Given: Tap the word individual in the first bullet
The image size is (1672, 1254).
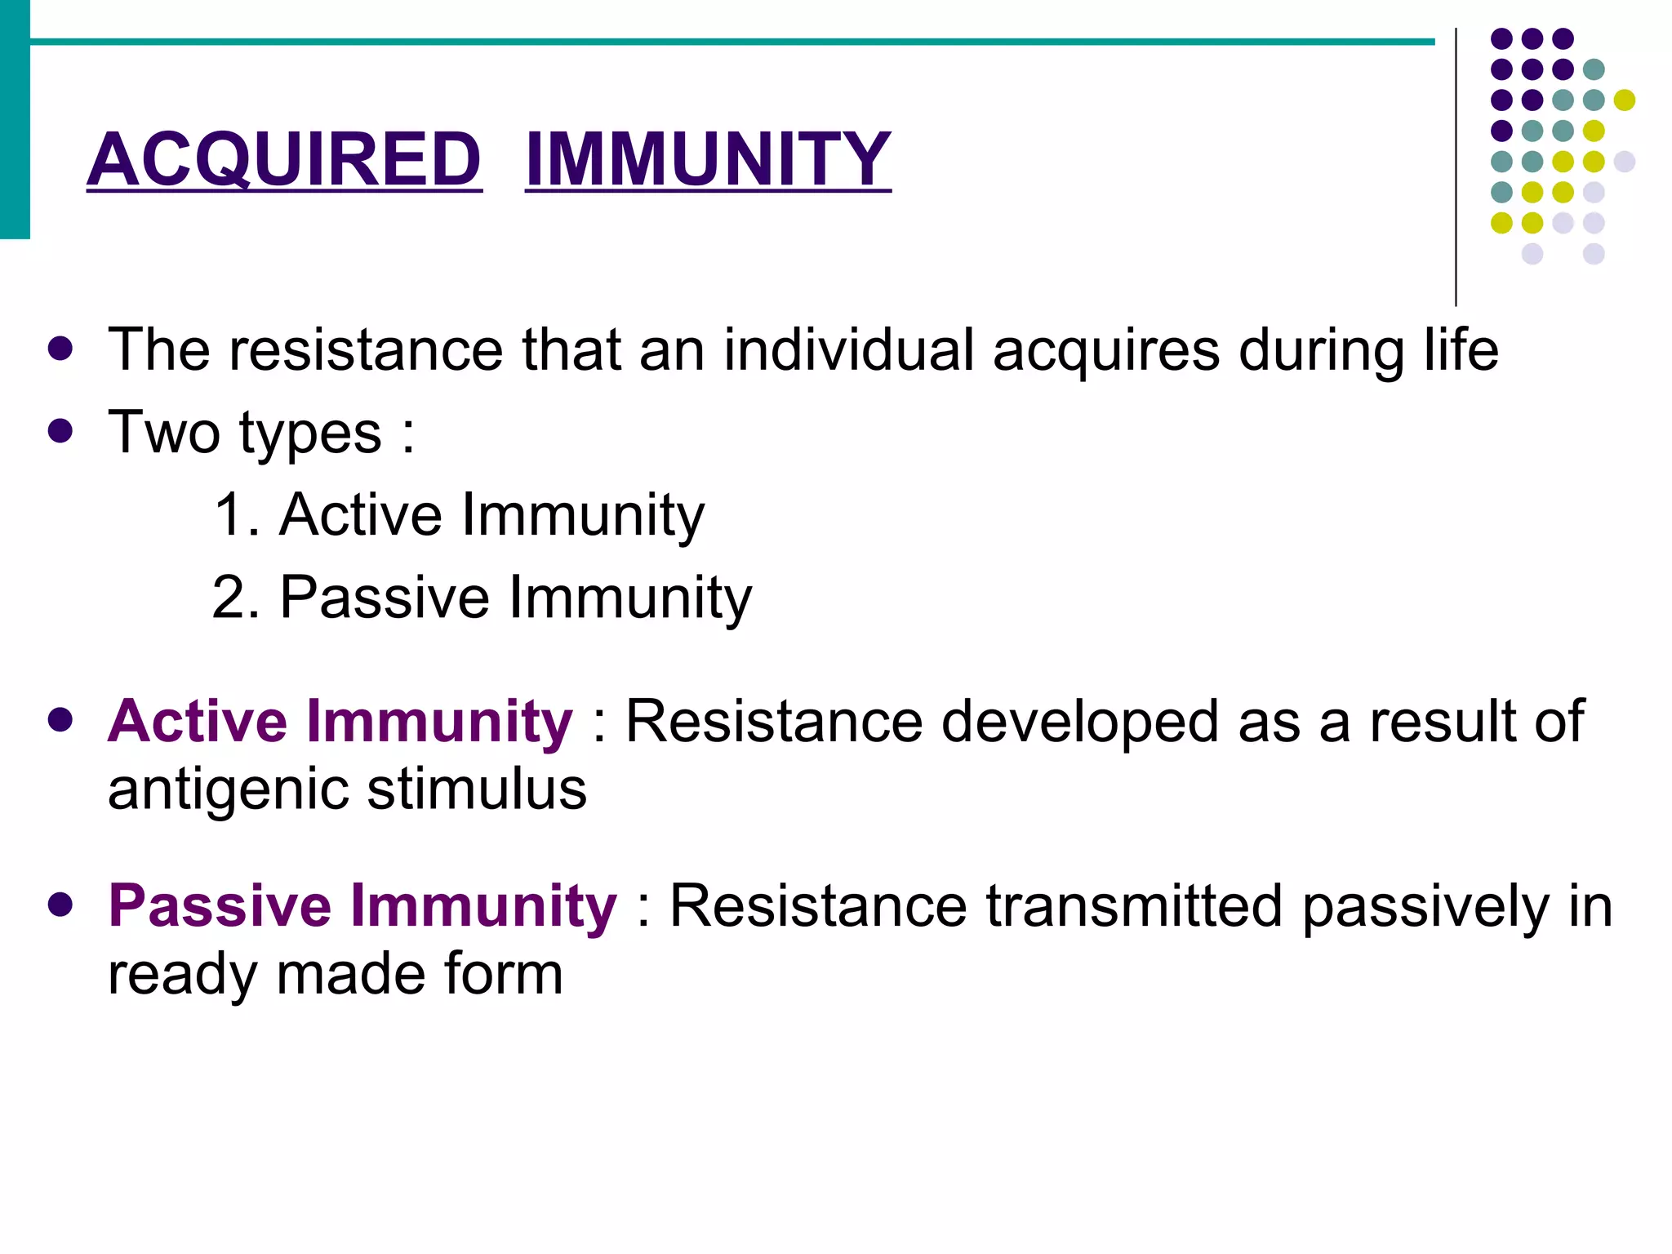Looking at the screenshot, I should coord(848,350).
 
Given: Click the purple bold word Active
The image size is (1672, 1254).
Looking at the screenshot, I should coord(197,722).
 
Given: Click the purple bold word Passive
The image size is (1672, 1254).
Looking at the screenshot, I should coord(220,906).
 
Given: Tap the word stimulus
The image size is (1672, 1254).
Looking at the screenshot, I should coord(477,790).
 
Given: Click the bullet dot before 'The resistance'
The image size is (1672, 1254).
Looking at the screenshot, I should coord(60,349).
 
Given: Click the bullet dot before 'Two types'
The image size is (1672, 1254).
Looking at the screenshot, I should coord(60,431).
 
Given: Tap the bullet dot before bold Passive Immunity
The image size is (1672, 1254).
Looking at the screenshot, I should coord(60,905).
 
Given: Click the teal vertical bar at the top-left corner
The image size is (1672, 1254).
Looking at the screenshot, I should coord(15,119).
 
